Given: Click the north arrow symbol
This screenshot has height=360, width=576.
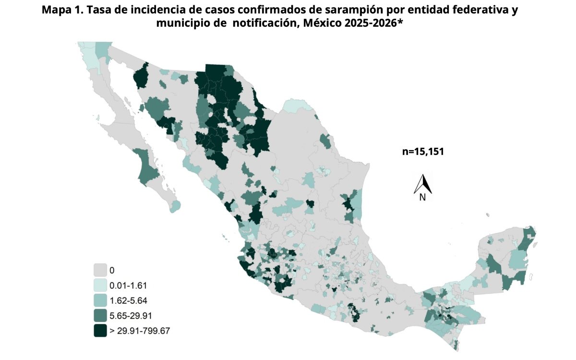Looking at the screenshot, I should tap(423, 183).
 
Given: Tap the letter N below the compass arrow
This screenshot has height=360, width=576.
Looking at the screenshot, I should tap(423, 197).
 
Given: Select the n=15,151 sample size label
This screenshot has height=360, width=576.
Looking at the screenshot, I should tap(422, 152).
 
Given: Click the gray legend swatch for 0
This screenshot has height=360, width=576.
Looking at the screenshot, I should tap(100, 270).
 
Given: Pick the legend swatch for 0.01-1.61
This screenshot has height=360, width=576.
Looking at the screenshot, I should tap(100, 285).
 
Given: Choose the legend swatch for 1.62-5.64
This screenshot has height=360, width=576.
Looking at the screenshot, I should tap(100, 300).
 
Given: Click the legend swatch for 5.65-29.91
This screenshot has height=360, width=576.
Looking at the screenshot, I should tap(100, 315).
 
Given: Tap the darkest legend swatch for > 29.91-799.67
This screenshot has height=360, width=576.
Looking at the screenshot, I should tap(100, 331).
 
